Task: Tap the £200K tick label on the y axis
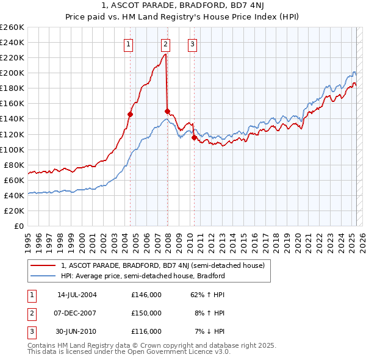pos(12,73)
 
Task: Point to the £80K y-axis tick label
pos(14,165)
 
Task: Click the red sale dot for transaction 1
pos(130,114)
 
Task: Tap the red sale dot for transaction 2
pos(167,111)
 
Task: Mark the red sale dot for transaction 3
pos(195,137)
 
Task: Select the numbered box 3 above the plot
pos(192,43)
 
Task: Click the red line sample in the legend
pos(43,266)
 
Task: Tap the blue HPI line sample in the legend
pos(43,276)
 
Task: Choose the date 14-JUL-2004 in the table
pos(77,295)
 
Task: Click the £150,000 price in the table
pos(146,313)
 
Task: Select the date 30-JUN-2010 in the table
pos(77,331)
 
